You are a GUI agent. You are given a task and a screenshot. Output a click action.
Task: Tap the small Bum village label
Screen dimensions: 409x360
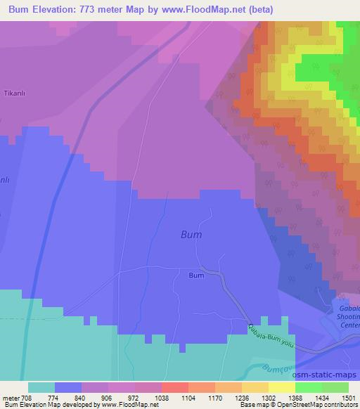196,275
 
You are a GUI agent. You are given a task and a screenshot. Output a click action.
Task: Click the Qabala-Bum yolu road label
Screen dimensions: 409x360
271,337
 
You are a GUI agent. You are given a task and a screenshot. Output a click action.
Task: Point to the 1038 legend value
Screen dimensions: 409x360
162,397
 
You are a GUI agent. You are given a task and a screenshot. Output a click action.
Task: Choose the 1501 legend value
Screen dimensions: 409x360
349,397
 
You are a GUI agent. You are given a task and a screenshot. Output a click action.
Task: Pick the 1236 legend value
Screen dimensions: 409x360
242,397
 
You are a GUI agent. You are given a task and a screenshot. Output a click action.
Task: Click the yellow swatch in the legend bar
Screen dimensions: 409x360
281,387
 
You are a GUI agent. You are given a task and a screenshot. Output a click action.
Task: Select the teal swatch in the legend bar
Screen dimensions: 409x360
41,387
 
